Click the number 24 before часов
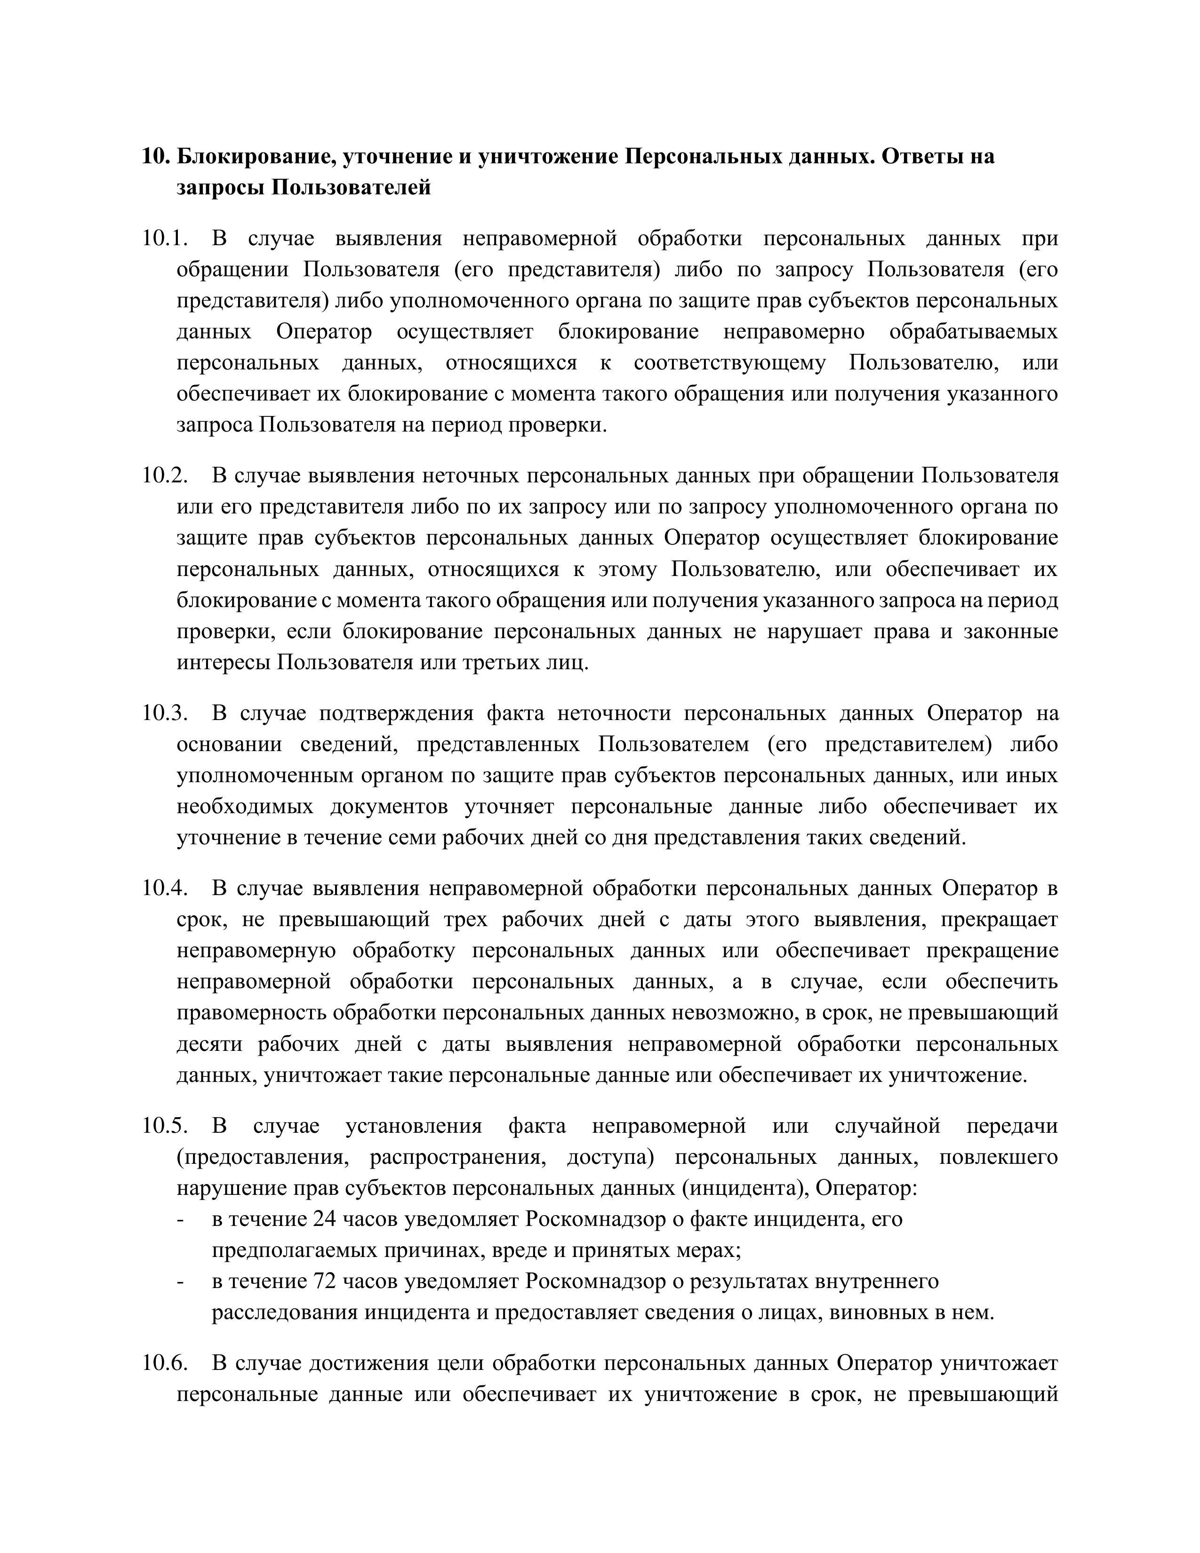point(324,1219)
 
